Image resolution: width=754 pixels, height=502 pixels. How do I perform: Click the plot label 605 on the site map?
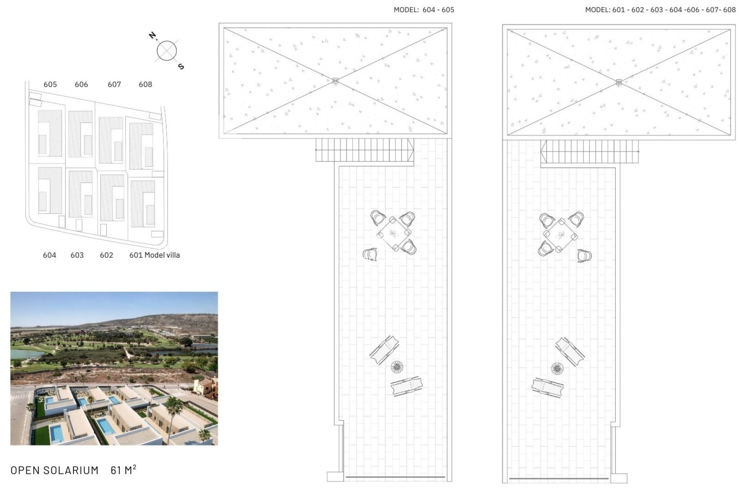point(50,84)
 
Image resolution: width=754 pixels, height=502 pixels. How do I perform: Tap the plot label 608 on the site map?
point(145,84)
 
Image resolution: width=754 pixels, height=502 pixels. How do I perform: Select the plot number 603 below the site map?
point(77,255)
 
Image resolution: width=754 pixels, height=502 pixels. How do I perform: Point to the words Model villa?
point(162,255)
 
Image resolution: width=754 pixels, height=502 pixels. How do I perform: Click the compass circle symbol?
point(167,51)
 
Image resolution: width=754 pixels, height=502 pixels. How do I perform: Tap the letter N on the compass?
point(152,36)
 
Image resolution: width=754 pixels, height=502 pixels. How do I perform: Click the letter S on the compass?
point(181,66)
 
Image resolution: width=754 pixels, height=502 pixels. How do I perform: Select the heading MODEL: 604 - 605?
point(424,10)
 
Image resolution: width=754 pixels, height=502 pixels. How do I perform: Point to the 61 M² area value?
point(123,469)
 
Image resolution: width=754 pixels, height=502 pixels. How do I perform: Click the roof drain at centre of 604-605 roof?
point(335,80)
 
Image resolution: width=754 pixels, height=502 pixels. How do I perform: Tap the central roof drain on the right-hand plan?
point(619,82)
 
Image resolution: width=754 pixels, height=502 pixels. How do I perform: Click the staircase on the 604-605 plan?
point(365,150)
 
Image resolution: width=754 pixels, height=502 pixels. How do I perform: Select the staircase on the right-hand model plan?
point(589,151)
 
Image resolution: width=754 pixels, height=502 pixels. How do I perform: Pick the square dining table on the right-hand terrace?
point(560,236)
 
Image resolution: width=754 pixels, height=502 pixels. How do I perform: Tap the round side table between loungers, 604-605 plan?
point(397,367)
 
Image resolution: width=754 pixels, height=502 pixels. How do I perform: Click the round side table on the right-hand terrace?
point(557,368)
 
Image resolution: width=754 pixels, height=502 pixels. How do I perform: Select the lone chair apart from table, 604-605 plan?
point(370,255)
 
